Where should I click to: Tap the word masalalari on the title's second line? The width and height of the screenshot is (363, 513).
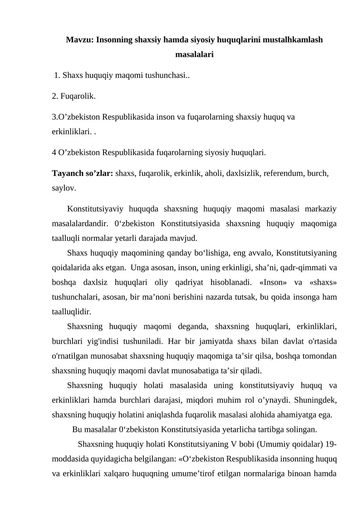click(x=194, y=55)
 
